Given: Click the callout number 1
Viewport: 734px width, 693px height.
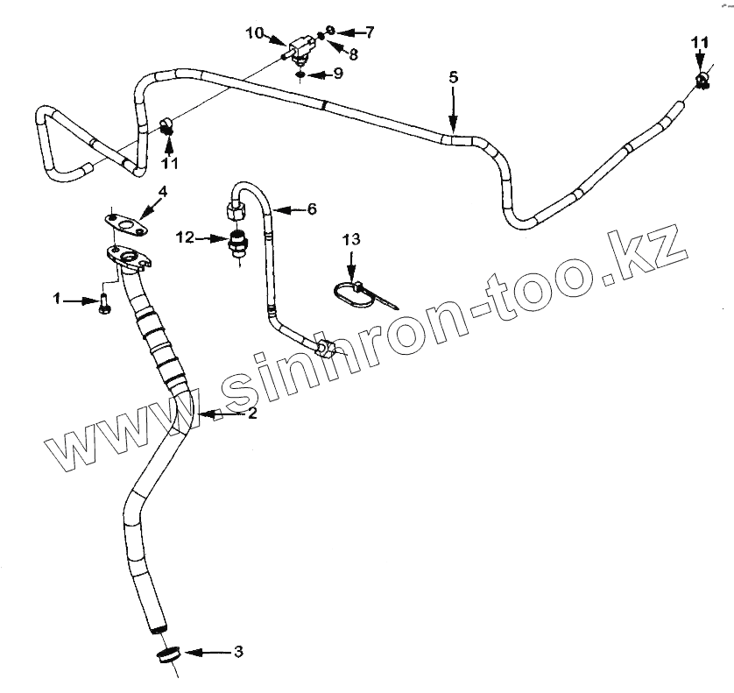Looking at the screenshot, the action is tap(58, 300).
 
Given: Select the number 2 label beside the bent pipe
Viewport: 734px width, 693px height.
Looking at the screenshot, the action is tap(251, 414).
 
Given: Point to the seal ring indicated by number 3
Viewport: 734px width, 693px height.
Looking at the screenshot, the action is tap(169, 657).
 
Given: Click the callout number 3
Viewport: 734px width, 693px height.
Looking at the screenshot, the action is tap(237, 652).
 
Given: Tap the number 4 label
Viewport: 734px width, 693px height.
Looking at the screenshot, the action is tap(163, 191).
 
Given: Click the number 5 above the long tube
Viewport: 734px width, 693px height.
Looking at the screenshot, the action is tap(453, 78).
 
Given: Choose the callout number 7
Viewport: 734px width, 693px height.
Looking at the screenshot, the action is tap(370, 33).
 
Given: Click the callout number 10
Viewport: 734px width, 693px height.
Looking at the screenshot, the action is tap(255, 33).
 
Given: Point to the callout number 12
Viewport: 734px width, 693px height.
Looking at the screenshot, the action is tap(185, 237).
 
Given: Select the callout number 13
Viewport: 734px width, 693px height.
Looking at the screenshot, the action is tap(350, 239).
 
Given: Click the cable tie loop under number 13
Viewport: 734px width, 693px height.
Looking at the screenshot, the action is tap(350, 294).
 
